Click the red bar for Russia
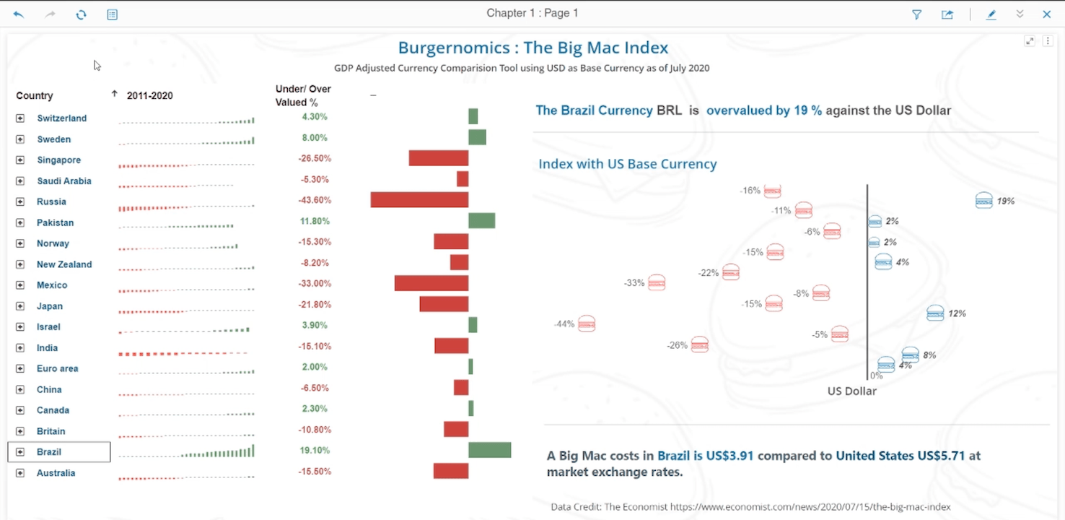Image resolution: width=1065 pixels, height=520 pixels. click(x=419, y=200)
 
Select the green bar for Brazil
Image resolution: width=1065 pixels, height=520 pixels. click(x=489, y=451)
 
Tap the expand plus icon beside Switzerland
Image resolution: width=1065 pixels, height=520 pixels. click(x=20, y=118)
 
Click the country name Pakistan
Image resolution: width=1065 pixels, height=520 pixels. click(x=56, y=222)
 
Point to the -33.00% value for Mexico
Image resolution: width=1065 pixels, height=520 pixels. click(x=315, y=284)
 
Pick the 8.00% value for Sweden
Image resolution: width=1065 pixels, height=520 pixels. click(x=315, y=138)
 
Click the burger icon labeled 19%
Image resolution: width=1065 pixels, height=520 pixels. click(x=983, y=200)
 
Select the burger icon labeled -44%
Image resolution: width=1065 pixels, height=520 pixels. click(x=587, y=324)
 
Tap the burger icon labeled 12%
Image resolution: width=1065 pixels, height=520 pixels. click(x=935, y=313)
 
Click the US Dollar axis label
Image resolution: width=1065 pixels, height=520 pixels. click(x=851, y=391)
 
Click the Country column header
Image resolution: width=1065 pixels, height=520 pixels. click(x=35, y=96)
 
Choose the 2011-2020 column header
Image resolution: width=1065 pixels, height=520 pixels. click(x=149, y=96)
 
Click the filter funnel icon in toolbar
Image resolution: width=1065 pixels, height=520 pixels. click(x=916, y=14)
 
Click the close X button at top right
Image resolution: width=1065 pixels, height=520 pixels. click(x=1046, y=14)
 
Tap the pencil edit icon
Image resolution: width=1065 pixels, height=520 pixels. click(x=991, y=14)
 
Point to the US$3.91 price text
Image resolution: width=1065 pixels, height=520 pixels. click(x=728, y=456)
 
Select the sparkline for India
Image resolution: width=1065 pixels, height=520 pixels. click(x=184, y=354)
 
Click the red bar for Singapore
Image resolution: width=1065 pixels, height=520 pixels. click(x=438, y=158)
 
